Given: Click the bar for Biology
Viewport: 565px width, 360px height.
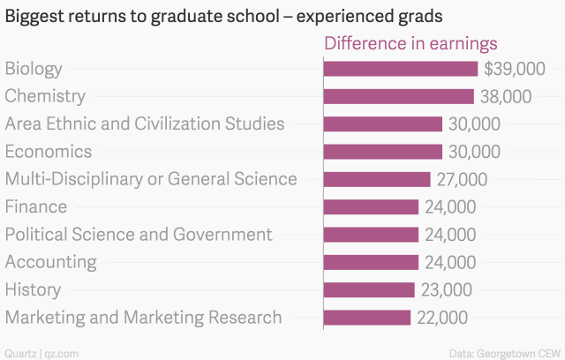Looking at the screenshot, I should pos(401,69).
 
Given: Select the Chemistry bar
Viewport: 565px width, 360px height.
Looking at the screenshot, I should pos(399,96).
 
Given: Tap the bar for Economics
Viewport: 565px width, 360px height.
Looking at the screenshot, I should pos(383,152).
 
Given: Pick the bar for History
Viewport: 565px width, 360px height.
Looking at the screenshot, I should pos(369,289).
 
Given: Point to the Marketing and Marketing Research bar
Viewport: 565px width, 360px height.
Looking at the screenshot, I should pos(367,317).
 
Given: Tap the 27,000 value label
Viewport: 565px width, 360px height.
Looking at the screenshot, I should pos(461,179).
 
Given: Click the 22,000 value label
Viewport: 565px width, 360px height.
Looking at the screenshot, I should pos(441,317).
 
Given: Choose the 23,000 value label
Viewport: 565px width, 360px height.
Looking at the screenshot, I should pos(445,289).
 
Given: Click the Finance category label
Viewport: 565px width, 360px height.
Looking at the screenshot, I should pos(36,206).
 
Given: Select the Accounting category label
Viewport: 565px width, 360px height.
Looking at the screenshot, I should pos(51,262).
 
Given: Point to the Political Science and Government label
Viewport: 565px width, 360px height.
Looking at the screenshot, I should pos(139,235).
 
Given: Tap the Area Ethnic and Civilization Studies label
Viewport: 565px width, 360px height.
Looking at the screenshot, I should pos(145,124).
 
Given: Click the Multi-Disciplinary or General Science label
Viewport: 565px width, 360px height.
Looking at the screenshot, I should pos(151,179).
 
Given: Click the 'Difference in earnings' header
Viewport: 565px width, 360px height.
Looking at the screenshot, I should pos(411,43).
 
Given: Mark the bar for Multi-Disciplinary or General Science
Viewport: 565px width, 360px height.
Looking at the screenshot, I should pos(378,179).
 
